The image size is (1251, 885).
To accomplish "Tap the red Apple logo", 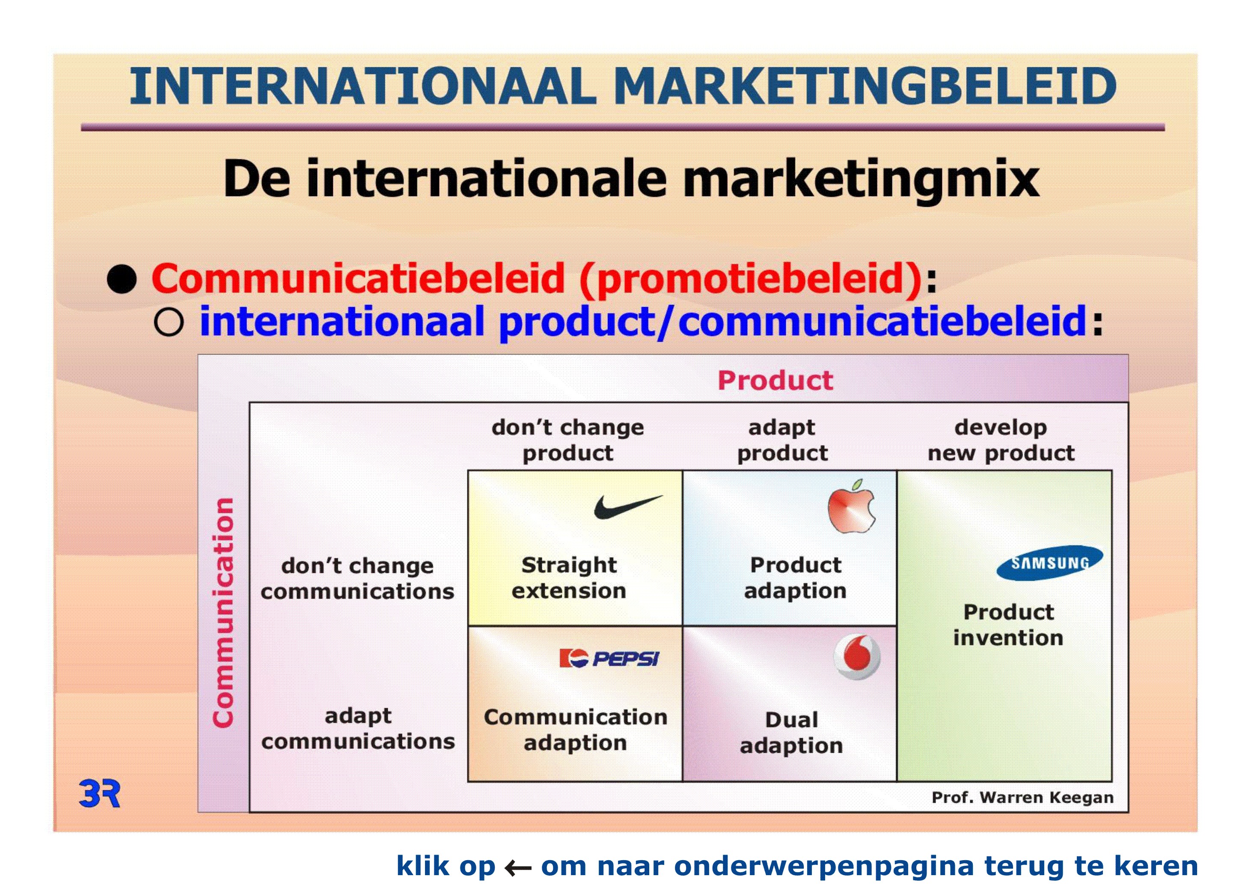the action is tap(851, 507).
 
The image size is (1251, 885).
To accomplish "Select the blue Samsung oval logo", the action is tap(1049, 563).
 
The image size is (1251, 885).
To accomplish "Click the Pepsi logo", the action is tap(609, 659).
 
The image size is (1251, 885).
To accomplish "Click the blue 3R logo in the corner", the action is tap(100, 793).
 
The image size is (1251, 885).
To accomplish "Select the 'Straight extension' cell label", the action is tap(569, 578).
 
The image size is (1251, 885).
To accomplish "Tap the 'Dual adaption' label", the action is tap(792, 733).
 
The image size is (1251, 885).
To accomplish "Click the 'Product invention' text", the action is tap(1008, 625).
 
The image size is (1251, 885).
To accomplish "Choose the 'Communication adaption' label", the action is tap(575, 730).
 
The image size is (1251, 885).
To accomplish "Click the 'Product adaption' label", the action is tap(796, 578).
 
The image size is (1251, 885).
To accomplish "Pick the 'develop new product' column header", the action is tap(1001, 440).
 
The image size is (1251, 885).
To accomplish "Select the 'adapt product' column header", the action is tap(782, 440).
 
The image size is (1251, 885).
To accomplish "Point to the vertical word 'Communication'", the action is tap(223, 613).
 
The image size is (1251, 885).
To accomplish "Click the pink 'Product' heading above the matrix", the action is tap(776, 380).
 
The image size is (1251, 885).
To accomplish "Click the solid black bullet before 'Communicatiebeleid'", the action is tap(122, 280).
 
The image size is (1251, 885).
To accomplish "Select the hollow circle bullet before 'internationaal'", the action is tap(168, 322).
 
